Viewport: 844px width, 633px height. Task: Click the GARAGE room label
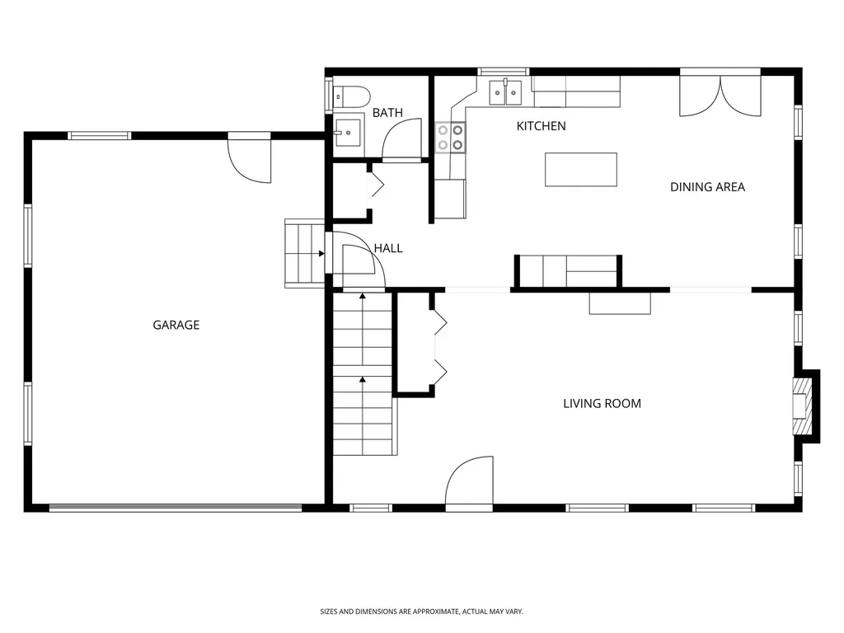pos(176,325)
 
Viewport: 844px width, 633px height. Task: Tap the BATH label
pos(387,112)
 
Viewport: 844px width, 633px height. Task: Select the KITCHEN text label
pos(541,126)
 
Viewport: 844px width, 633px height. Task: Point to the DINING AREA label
pos(707,187)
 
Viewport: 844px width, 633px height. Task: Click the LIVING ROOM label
pos(602,403)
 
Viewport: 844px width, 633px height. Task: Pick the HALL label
pos(388,248)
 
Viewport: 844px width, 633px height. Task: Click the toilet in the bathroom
pos(351,97)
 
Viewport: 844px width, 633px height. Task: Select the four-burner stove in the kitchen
pos(450,138)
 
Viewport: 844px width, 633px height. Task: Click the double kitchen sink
pos(505,92)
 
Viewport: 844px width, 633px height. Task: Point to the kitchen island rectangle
pos(581,170)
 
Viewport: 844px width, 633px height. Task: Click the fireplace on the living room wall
pos(806,406)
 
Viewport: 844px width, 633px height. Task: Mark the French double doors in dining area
pos(720,94)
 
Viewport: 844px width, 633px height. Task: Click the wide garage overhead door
pos(176,507)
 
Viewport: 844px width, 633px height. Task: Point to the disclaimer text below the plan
pos(421,612)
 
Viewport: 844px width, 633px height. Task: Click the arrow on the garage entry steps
pos(321,254)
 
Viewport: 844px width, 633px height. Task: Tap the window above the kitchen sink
pos(504,71)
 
